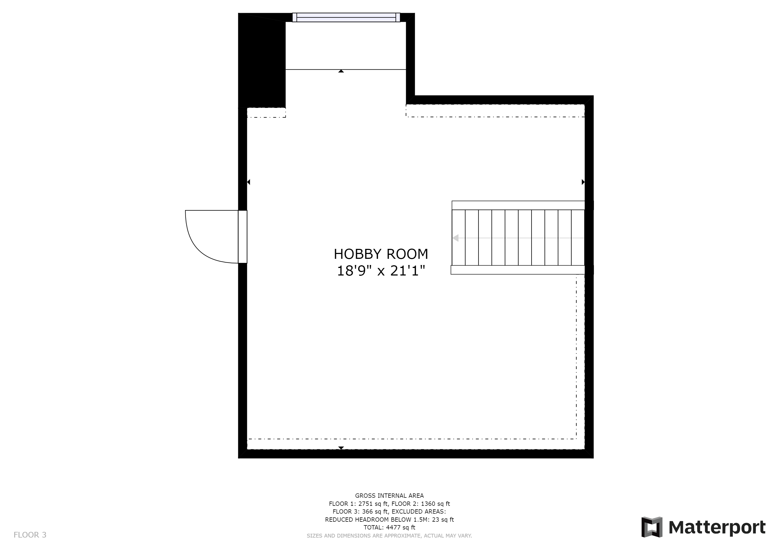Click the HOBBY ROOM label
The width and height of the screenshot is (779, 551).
point(381,254)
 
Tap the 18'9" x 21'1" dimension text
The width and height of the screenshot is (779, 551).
point(381,271)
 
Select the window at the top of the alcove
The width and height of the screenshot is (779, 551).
point(346,17)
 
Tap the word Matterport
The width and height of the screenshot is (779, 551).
point(717,528)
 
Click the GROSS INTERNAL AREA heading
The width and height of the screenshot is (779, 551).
point(389,495)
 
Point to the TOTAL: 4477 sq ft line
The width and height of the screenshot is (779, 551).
point(389,527)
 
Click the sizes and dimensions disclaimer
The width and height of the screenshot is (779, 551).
point(389,536)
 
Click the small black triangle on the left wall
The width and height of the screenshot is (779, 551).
point(249,182)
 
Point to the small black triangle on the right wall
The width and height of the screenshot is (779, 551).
point(583,182)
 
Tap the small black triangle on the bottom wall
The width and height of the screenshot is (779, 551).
point(341,448)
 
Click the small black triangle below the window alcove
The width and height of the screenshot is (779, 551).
point(341,71)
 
